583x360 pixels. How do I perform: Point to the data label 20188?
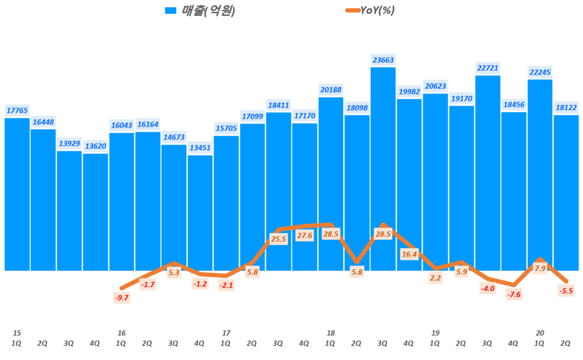tap(330, 89)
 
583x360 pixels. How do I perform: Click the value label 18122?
tap(566, 107)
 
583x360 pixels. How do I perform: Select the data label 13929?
tap(69, 143)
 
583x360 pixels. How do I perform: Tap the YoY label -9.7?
tap(121, 297)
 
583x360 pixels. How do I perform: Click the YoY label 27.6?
tap(305, 235)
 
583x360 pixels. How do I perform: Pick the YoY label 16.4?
tap(409, 255)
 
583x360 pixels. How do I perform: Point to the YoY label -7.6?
tap(514, 294)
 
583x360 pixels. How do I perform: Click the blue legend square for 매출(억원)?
tap(170, 11)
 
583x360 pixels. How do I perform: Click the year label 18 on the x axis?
tap(331, 333)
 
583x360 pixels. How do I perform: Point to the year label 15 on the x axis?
tap(17, 333)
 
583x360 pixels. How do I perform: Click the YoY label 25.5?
tap(278, 239)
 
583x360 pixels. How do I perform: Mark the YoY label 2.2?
tap(436, 278)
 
